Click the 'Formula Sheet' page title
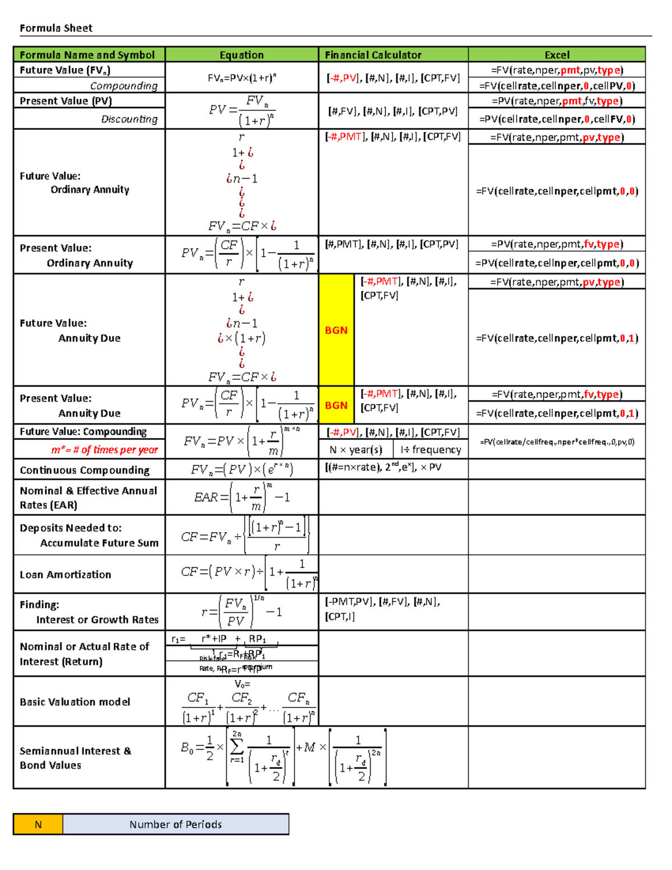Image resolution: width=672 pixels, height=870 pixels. [x=56, y=28]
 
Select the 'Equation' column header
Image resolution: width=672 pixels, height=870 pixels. [x=241, y=55]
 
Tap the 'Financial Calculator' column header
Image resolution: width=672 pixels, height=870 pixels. [x=373, y=55]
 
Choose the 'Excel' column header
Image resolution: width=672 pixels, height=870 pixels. [x=557, y=55]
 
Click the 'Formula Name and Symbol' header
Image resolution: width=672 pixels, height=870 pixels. [x=87, y=55]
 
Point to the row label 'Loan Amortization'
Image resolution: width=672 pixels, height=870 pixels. [x=66, y=575]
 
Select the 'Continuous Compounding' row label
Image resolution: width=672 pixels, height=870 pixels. [x=85, y=470]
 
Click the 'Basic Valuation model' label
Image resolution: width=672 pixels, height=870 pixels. [x=75, y=702]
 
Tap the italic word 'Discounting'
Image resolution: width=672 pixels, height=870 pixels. [x=129, y=119]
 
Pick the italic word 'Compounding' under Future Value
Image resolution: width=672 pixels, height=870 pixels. [x=124, y=86]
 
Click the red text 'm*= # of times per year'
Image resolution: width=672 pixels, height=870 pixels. [x=104, y=450]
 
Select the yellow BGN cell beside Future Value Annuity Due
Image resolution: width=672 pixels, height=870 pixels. [x=336, y=330]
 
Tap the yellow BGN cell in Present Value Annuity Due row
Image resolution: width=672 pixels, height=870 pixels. [x=336, y=405]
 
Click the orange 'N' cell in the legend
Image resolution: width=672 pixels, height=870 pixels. [x=38, y=825]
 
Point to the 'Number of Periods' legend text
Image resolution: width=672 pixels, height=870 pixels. [x=175, y=825]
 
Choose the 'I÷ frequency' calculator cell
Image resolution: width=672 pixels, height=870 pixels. [x=431, y=450]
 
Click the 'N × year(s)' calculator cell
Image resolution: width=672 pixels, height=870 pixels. [x=356, y=450]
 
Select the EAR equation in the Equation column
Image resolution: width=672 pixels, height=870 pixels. [x=241, y=497]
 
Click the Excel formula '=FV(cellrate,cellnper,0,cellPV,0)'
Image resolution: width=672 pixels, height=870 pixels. [x=557, y=86]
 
